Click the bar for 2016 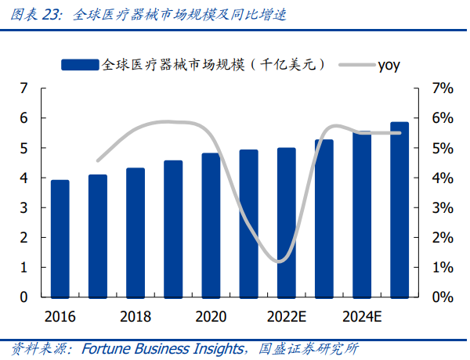[60, 239]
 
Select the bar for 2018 [136, 232]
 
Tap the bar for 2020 [211, 225]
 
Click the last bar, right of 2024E [399, 210]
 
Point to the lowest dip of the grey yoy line [280, 261]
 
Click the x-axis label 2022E [287, 316]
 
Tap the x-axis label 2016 [60, 316]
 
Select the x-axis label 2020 [211, 316]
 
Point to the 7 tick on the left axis [24, 88]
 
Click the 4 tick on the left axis [24, 178]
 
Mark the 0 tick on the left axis [24, 297]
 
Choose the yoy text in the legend [389, 65]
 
